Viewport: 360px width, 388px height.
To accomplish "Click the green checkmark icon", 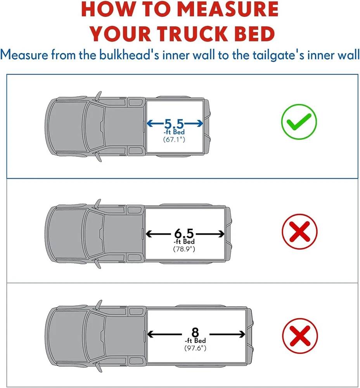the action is click(299, 121).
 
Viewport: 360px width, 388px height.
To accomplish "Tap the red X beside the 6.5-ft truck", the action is click(299, 232).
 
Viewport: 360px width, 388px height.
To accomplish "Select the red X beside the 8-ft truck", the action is click(300, 336).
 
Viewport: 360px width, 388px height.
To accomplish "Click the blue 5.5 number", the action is click(174, 124).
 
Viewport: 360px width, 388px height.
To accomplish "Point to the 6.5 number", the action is click(184, 233).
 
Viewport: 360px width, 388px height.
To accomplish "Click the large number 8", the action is click(195, 333).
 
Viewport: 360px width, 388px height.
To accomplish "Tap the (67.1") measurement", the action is click(174, 139).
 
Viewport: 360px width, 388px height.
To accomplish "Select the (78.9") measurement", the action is click(184, 249).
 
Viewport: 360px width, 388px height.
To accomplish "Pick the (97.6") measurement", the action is click(195, 348).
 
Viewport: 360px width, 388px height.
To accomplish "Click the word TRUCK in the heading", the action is click(192, 33).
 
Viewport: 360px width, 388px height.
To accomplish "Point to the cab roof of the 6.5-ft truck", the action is click(122, 234).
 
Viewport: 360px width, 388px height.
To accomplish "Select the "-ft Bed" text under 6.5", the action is click(184, 241).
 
